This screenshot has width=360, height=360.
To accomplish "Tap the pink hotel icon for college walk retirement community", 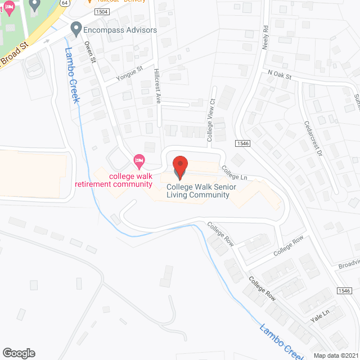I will click(x=139, y=162).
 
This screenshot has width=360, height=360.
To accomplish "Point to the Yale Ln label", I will click(x=318, y=319).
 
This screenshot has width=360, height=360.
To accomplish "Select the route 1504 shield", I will click(x=102, y=11).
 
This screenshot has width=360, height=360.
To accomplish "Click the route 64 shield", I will click(x=65, y=3).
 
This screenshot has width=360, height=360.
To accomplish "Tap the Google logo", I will click(x=19, y=353).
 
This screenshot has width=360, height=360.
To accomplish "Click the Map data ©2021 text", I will click(x=335, y=355).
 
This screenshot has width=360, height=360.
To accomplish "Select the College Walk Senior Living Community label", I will click(x=198, y=191).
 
